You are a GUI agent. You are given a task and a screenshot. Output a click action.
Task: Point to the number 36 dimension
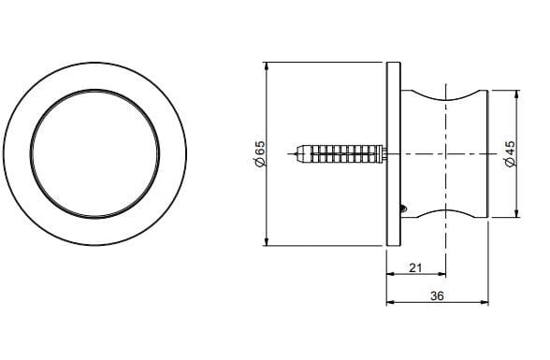pos(437,295)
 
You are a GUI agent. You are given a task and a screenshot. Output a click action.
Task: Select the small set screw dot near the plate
pos(403,208)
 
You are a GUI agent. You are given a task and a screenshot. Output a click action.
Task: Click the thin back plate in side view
pos(393,153)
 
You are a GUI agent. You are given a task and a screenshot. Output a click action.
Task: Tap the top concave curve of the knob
pos(445,97)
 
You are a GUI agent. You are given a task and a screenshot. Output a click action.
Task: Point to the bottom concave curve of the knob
pos(445,209)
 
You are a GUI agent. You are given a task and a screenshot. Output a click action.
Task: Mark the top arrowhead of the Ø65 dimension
pos(268,66)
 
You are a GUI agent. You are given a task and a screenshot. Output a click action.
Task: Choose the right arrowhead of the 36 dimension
pos(485,303)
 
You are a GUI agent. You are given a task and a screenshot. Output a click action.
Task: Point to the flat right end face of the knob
pos(488,153)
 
